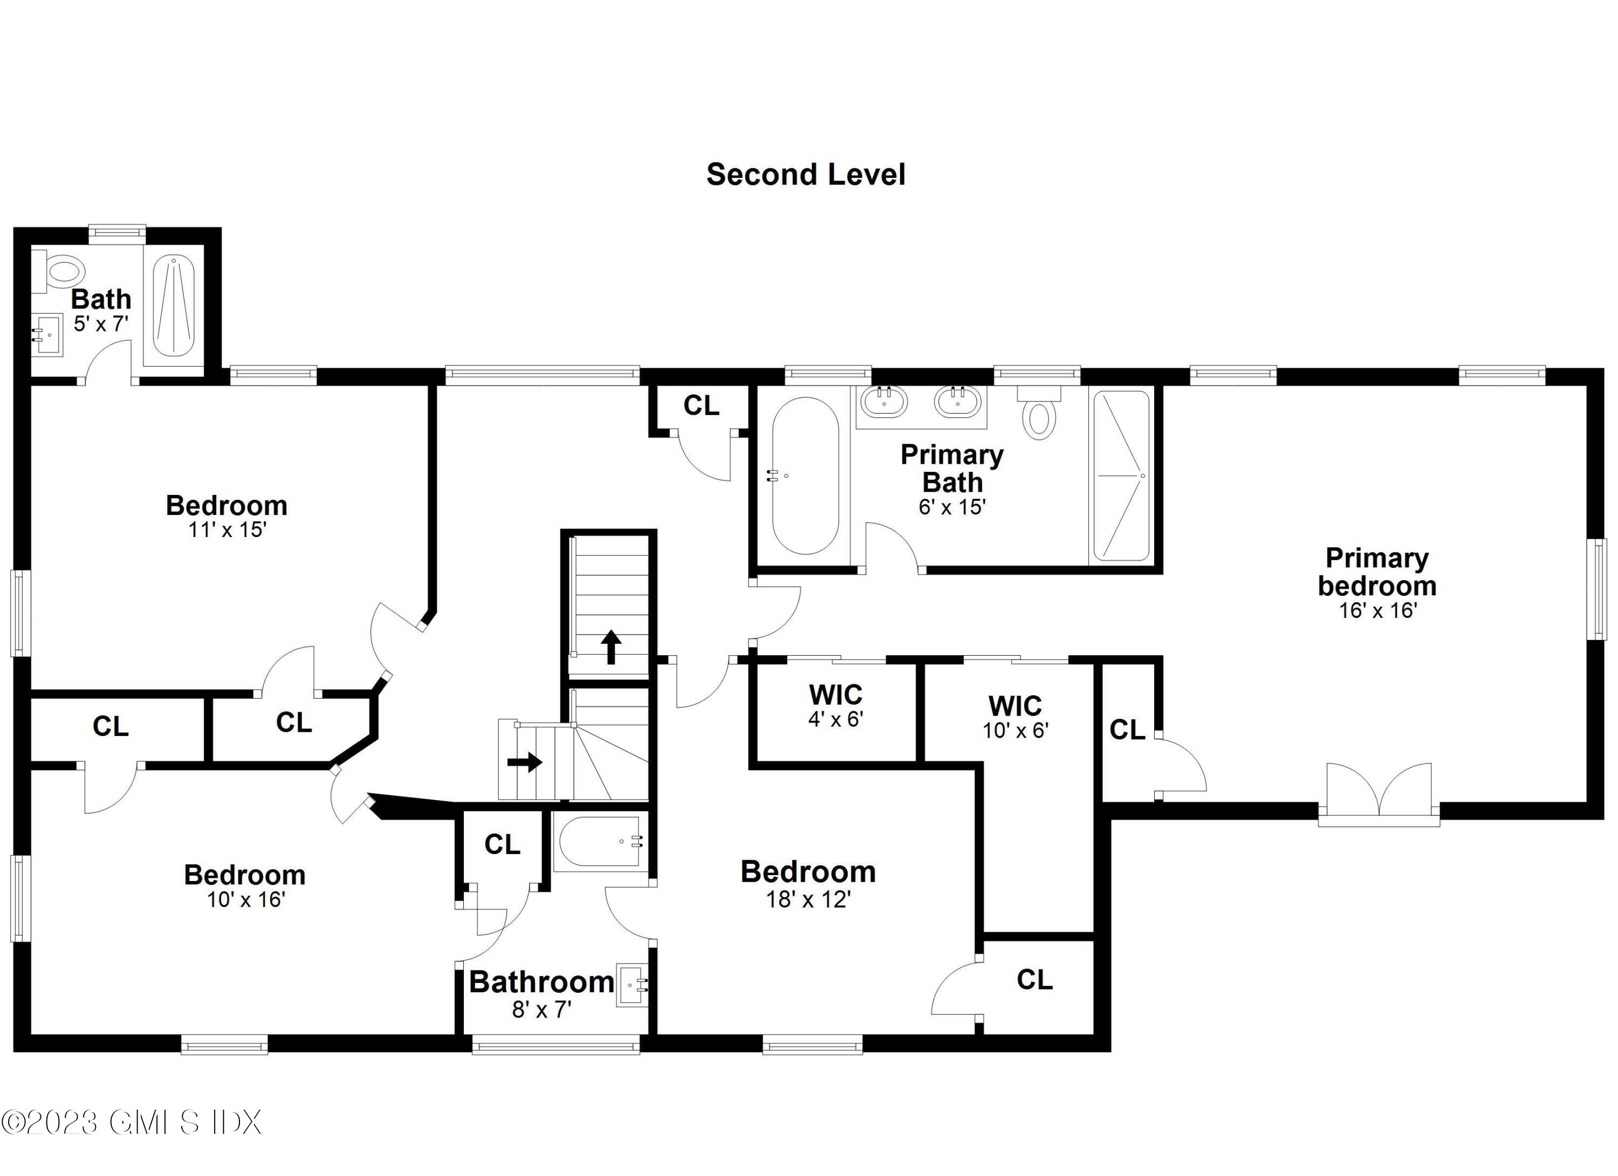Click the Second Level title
805,175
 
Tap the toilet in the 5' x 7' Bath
61,271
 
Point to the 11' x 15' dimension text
227,529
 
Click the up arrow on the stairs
611,646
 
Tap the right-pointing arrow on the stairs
524,762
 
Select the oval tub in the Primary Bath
805,476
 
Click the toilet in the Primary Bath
1039,418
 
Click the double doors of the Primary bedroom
1379,791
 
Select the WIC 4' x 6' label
835,705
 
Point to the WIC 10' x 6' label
1014,717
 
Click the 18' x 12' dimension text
808,899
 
